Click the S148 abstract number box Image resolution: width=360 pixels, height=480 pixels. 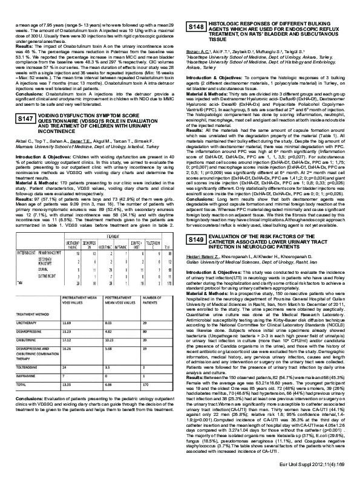pos(197,27)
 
